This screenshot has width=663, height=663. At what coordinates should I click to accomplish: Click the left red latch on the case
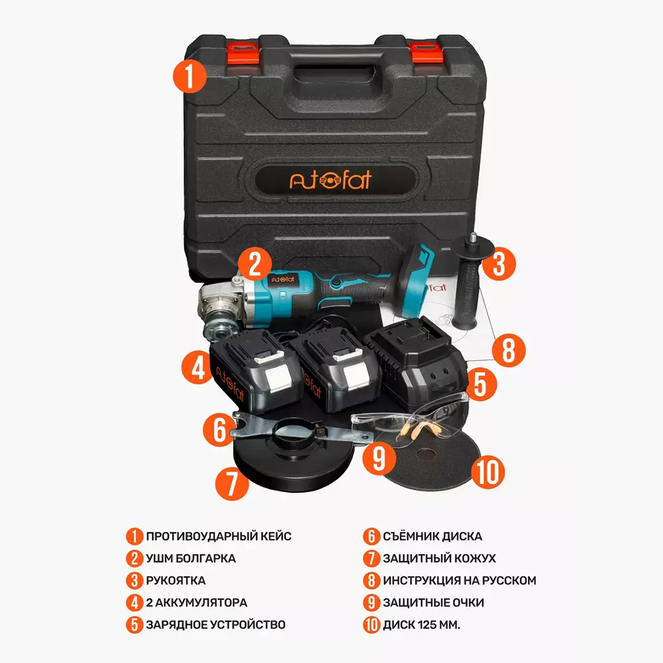244,52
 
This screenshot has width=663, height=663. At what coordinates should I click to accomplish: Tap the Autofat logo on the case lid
330,180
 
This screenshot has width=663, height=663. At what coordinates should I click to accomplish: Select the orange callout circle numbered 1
190,77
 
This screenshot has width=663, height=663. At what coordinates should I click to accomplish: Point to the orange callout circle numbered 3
499,264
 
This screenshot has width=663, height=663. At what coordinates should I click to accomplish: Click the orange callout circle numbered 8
509,350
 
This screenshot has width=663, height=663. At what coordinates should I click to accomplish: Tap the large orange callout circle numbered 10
488,472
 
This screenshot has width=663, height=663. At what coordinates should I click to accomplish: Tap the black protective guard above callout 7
294,457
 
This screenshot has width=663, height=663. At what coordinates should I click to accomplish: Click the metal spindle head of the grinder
220,309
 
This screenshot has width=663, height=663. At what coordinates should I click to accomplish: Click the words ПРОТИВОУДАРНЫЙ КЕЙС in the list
219,536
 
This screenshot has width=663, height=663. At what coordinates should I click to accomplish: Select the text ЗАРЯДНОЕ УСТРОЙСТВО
215,624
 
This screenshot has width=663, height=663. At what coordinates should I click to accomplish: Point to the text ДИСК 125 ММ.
421,624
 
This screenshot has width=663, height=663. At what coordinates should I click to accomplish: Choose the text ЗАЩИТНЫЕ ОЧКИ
433,603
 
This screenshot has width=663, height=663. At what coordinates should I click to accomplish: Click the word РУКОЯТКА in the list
176,581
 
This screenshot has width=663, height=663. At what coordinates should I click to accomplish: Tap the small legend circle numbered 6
371,536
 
